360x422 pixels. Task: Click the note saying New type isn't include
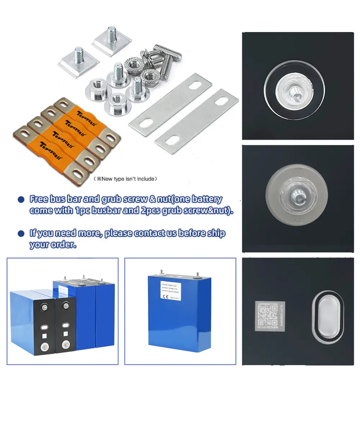pos(125,178)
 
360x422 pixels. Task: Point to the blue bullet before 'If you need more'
pos(21,233)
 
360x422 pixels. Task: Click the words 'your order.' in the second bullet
pos(53,244)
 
